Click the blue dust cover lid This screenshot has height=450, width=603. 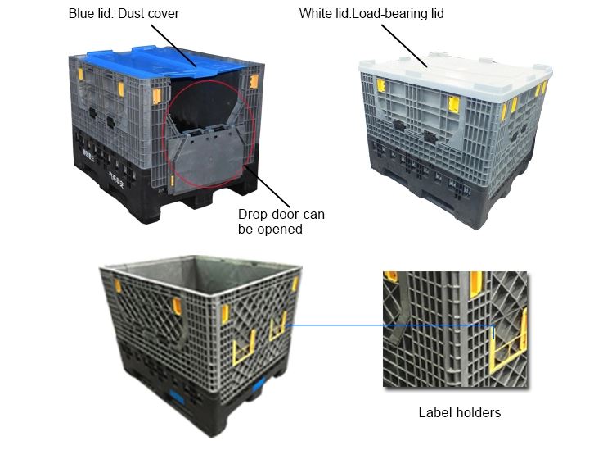tap(161, 61)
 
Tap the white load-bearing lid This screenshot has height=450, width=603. tap(456, 77)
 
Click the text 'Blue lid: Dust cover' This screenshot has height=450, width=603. tap(124, 13)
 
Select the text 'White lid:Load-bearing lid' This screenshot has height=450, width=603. tap(371, 13)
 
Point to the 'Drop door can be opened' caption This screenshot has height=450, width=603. tap(281, 221)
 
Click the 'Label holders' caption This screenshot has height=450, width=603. tap(460, 412)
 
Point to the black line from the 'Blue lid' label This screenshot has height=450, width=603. tap(173, 46)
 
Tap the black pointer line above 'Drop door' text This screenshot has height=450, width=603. tap(267, 186)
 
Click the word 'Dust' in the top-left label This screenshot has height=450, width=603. tap(132, 13)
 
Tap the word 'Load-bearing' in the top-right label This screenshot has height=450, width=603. tap(390, 13)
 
